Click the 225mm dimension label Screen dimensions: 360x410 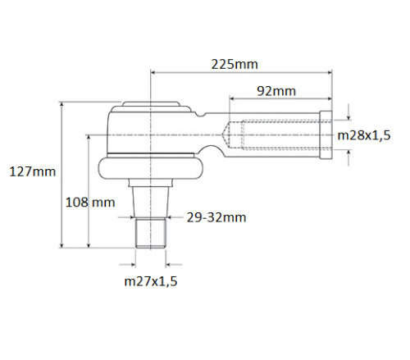pyautogui.click(x=234, y=64)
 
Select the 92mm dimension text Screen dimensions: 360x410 pyautogui.click(x=276, y=90)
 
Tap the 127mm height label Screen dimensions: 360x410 pyautogui.click(x=32, y=171)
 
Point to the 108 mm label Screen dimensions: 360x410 pyautogui.click(x=89, y=202)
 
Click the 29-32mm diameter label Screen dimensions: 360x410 pyautogui.click(x=216, y=217)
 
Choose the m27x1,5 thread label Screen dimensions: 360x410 pyautogui.click(x=150, y=281)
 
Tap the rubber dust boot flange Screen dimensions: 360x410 pyautogui.click(x=150, y=168)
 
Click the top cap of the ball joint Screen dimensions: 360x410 pyautogui.click(x=150, y=106)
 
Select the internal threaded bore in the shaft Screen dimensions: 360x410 pyautogui.click(x=279, y=134)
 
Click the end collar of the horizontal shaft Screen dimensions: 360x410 pyautogui.click(x=326, y=134)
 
